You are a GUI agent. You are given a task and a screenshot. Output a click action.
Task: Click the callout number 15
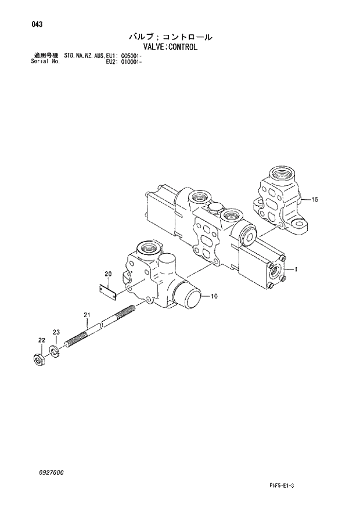(x=315, y=200)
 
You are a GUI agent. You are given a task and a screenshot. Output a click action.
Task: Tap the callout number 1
(x=296, y=269)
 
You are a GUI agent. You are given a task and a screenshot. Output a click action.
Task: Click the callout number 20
(x=107, y=274)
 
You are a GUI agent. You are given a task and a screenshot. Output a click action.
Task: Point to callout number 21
(x=87, y=315)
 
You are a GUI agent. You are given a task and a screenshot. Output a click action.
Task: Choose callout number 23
(x=56, y=332)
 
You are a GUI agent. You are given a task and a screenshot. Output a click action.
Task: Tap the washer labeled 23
(x=55, y=350)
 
